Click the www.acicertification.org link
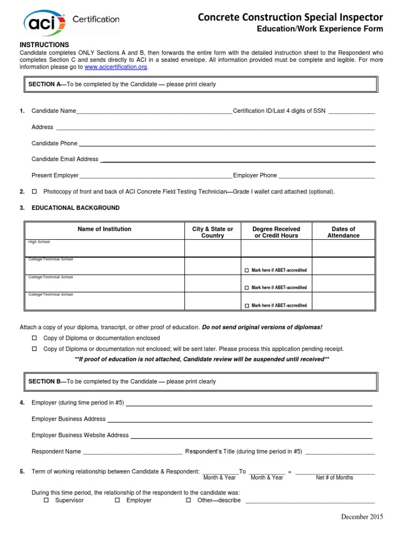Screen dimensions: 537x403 (116, 67)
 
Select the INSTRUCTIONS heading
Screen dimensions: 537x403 (44, 45)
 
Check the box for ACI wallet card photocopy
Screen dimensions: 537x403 (35, 191)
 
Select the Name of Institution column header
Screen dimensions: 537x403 (104, 229)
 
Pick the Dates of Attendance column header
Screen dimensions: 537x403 (344, 232)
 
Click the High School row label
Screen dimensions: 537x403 (38, 242)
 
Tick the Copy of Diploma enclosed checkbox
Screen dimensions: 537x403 (35, 338)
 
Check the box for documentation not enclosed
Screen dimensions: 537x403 (35, 349)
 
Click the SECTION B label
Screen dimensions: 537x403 (45, 382)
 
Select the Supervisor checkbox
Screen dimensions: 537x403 (46, 500)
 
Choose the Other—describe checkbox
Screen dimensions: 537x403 (188, 500)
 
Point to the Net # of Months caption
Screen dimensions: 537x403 (334, 478)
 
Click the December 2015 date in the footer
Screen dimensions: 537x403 (362, 517)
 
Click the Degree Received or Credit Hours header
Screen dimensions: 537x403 (276, 232)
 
